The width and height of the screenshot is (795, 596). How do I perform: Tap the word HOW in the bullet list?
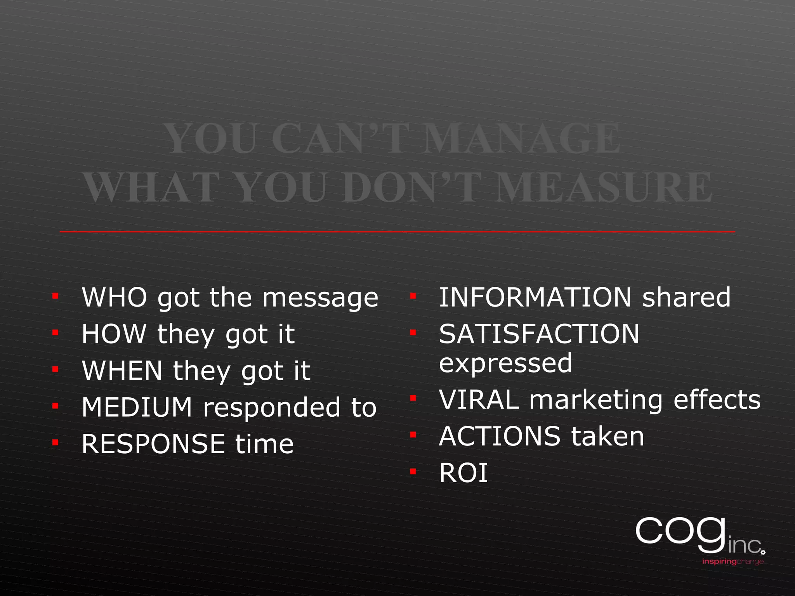point(114,334)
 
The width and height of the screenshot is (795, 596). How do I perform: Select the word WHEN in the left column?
point(122,371)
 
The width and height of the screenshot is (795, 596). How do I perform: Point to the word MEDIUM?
point(137,407)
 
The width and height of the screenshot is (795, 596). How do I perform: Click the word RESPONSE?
point(153,444)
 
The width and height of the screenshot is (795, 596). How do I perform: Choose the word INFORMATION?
point(535,298)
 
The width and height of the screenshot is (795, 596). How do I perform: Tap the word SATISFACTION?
point(539,334)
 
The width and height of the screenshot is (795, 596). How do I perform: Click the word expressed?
point(505,363)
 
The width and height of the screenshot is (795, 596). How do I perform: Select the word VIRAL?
point(479,400)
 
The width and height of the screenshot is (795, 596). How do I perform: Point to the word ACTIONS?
point(500,437)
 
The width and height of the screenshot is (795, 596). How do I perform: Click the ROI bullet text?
point(463,473)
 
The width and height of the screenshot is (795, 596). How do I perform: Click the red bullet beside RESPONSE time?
point(56,442)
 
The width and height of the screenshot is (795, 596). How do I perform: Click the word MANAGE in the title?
point(521,139)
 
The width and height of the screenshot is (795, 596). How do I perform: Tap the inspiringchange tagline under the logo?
point(733,561)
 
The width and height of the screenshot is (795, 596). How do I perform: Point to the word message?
point(320,298)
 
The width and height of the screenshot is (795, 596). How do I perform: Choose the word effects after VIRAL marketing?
point(717,400)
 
